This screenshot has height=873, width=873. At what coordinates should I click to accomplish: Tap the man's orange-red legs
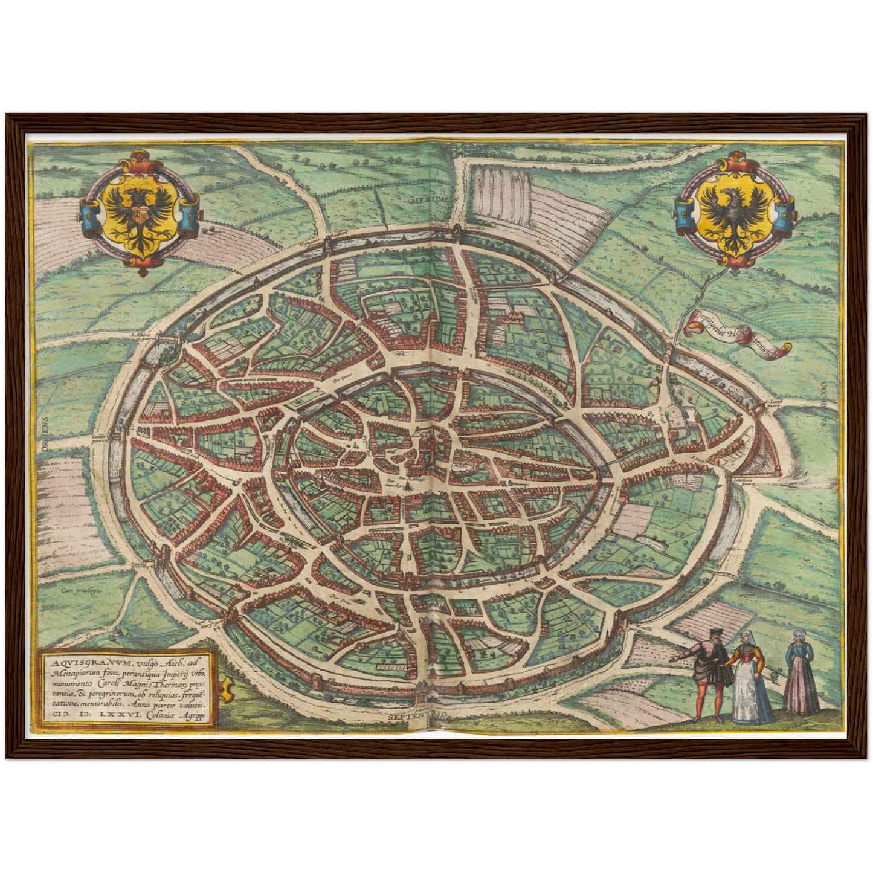707,701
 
